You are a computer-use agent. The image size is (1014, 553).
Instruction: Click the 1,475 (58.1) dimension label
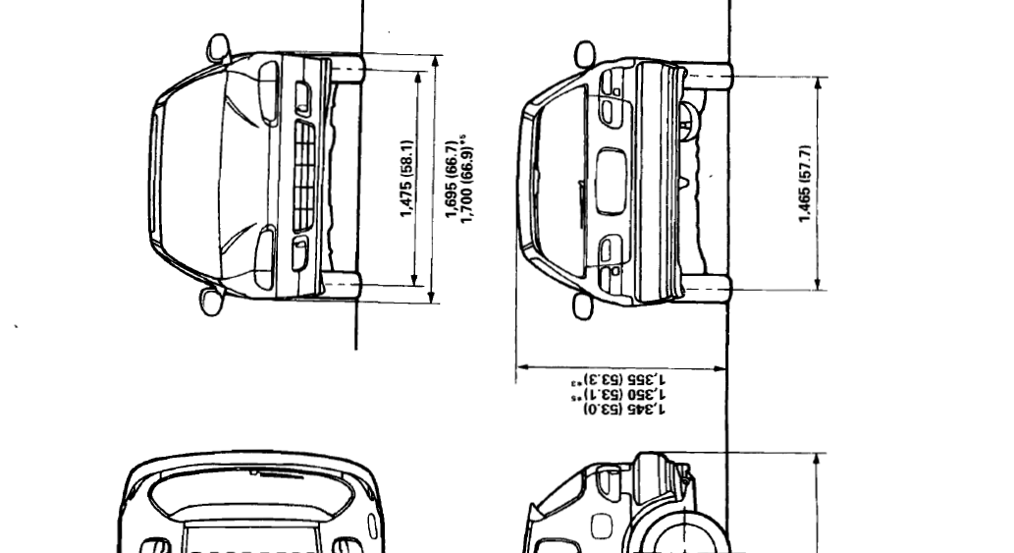(406, 178)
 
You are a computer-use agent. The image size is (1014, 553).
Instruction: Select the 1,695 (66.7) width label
(453, 178)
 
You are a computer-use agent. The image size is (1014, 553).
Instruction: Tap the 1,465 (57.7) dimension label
(806, 184)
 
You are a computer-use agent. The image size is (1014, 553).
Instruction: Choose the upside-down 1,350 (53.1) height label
(618, 393)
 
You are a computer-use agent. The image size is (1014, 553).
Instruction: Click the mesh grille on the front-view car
(304, 177)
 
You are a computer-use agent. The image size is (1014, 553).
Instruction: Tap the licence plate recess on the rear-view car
(613, 182)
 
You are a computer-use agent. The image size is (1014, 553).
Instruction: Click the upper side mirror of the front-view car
(219, 48)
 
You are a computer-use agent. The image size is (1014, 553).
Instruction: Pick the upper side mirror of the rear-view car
(585, 53)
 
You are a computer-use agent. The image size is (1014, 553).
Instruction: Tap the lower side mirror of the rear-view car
(584, 305)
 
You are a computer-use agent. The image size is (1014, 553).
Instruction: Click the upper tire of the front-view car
(345, 68)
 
